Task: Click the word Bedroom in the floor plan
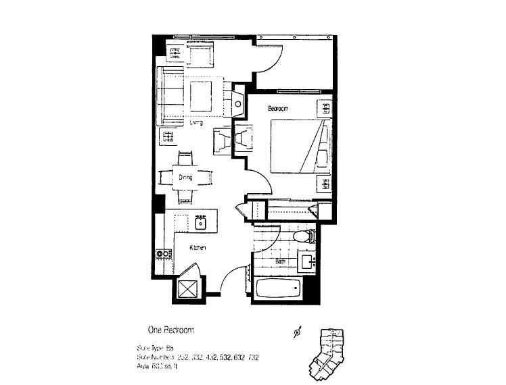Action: (278, 109)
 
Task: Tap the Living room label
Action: (196, 122)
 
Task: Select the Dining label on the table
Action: (185, 178)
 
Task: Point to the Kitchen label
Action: (197, 249)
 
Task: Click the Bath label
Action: (281, 261)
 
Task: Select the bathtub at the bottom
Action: (277, 289)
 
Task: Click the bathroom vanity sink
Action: (308, 261)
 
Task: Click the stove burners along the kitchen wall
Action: (162, 254)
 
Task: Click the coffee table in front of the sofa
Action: (202, 97)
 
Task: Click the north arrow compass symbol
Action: (297, 332)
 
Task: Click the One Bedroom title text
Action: (171, 330)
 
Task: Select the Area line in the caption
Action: (156, 366)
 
